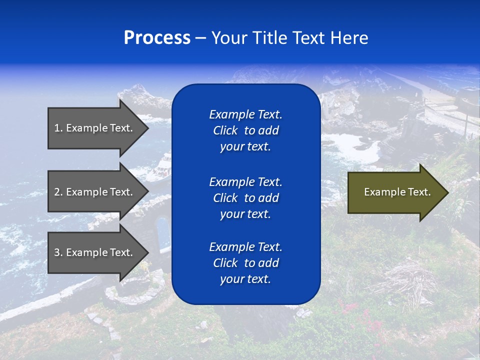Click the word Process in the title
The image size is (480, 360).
pyautogui.click(x=157, y=38)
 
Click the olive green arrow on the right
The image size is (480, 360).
pyautogui.click(x=395, y=192)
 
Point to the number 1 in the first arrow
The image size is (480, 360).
pyautogui.click(x=57, y=128)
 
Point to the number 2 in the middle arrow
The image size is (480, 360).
pyautogui.click(x=57, y=192)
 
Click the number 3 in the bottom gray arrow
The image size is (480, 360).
pyautogui.click(x=57, y=252)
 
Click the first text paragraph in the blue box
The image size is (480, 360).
pyautogui.click(x=245, y=130)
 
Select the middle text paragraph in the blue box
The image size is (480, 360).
pyautogui.click(x=245, y=197)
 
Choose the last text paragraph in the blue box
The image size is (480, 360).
pyautogui.click(x=245, y=263)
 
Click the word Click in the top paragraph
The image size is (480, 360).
pyautogui.click(x=225, y=130)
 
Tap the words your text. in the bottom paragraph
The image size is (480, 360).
pyautogui.click(x=245, y=279)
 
